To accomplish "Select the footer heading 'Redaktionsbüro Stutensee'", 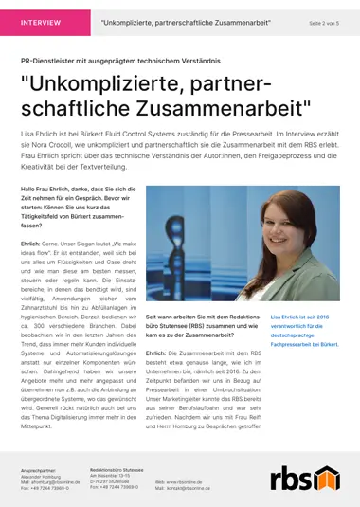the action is (x=117, y=469).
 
